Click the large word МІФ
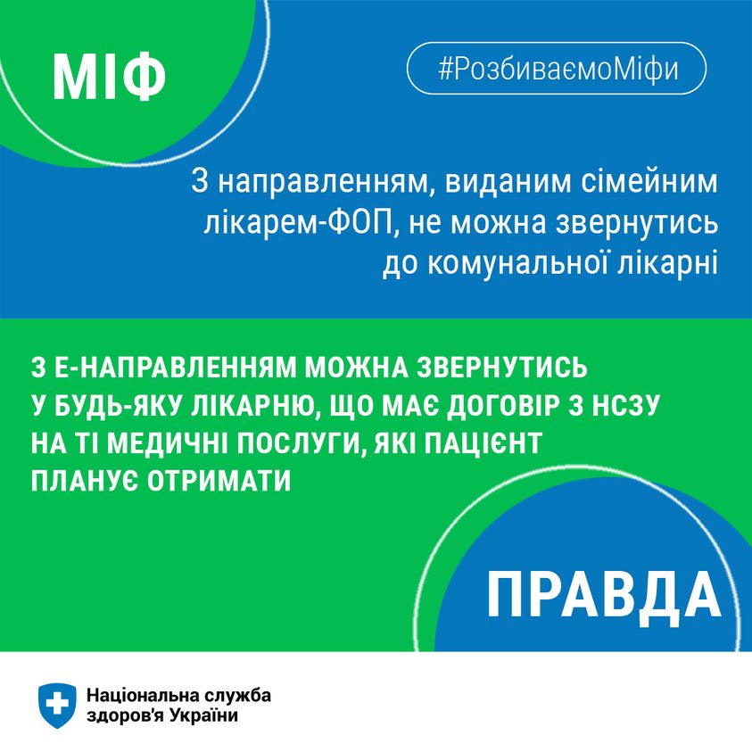pyautogui.click(x=109, y=77)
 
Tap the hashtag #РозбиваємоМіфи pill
pyautogui.click(x=557, y=68)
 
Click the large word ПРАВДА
pyautogui.click(x=604, y=595)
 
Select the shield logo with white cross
pyautogui.click(x=57, y=706)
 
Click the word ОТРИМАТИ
pyautogui.click(x=219, y=481)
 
